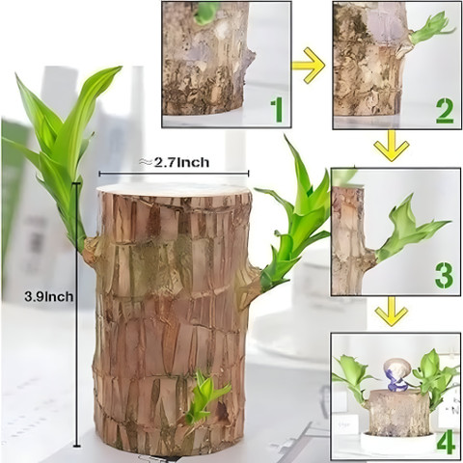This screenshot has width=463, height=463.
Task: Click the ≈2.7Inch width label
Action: [x=174, y=162]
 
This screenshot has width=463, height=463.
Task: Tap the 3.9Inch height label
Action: [x=49, y=296]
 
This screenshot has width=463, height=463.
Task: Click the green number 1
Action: [x=277, y=111]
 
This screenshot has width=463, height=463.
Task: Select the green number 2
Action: [x=445, y=112]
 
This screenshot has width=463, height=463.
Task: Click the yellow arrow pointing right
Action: [x=308, y=66]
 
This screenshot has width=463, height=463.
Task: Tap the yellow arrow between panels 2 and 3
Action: [x=392, y=146]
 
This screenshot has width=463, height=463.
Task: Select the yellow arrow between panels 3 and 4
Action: [x=392, y=312]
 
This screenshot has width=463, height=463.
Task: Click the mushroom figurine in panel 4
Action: [x=396, y=374]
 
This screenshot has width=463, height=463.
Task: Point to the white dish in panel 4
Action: [x=397, y=441]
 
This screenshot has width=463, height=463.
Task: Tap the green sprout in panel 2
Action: [x=431, y=30]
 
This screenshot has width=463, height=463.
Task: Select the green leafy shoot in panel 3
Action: [x=408, y=232]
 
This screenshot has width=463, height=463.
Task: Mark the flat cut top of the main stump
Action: [x=174, y=190]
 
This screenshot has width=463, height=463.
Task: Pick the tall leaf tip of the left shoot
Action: [x=119, y=68]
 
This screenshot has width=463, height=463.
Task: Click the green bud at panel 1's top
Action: [x=205, y=13]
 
